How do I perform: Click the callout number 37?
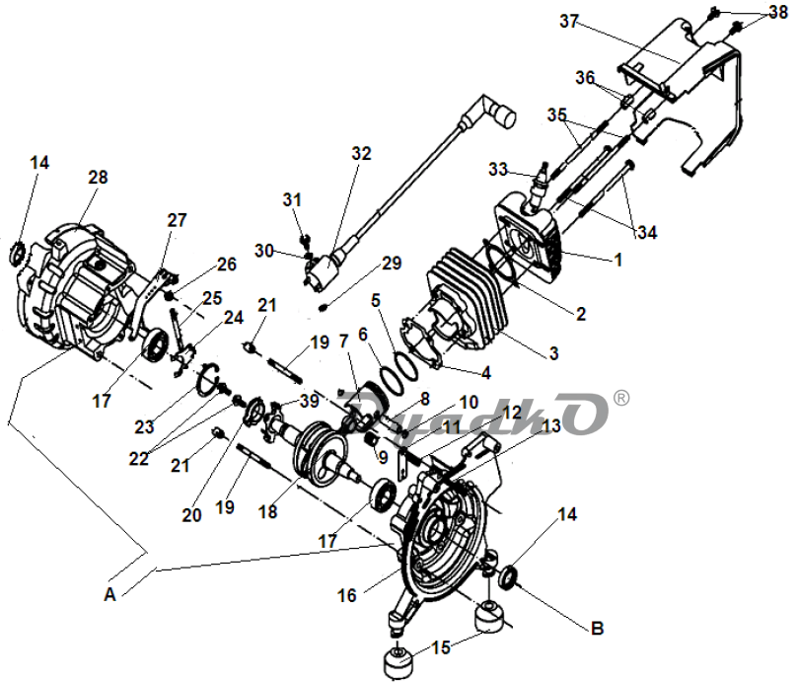point(569,22)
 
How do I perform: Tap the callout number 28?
point(98,178)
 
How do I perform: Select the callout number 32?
point(361,153)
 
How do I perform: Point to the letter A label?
point(110,594)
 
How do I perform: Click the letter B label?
point(598,629)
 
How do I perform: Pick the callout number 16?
point(347,595)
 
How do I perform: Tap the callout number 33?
point(498,169)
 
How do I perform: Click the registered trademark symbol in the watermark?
point(621,398)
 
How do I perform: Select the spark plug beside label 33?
point(538,187)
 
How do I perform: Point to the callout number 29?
point(392,264)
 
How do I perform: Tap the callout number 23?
point(144,426)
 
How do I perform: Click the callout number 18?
point(268,511)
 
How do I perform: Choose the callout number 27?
point(178,220)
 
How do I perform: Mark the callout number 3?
point(554,353)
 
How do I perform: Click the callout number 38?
point(778,12)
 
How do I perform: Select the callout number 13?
point(551,425)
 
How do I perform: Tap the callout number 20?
point(192,515)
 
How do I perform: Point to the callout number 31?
point(292,200)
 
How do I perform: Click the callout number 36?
point(585,78)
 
